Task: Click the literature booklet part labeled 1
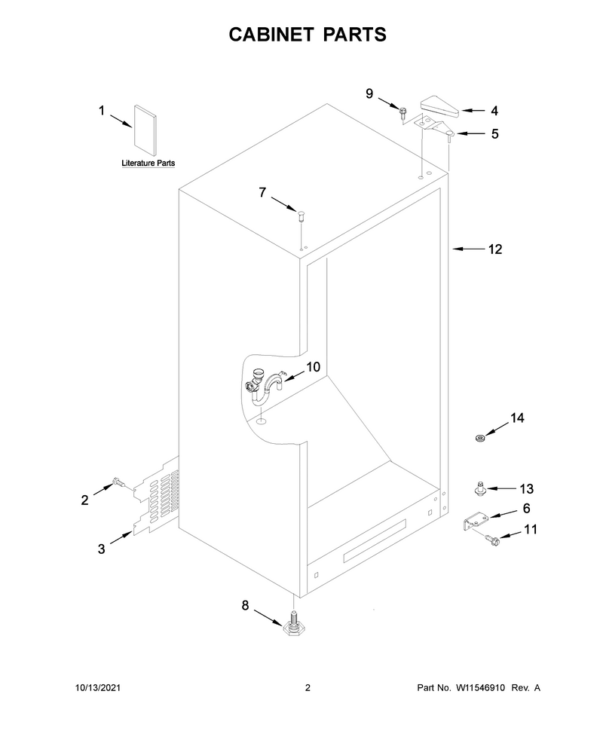pos(145,130)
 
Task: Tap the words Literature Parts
pos(148,164)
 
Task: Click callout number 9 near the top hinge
pos(369,93)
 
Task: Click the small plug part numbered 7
pos(301,216)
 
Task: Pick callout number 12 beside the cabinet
pos(495,249)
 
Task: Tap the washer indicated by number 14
pos(479,439)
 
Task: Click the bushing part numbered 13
pos(479,489)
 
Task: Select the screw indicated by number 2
pos(118,483)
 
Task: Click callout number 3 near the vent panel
pos(102,549)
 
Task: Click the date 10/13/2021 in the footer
pos(98,687)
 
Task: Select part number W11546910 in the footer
pos(480,687)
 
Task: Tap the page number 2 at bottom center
pos(308,687)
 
